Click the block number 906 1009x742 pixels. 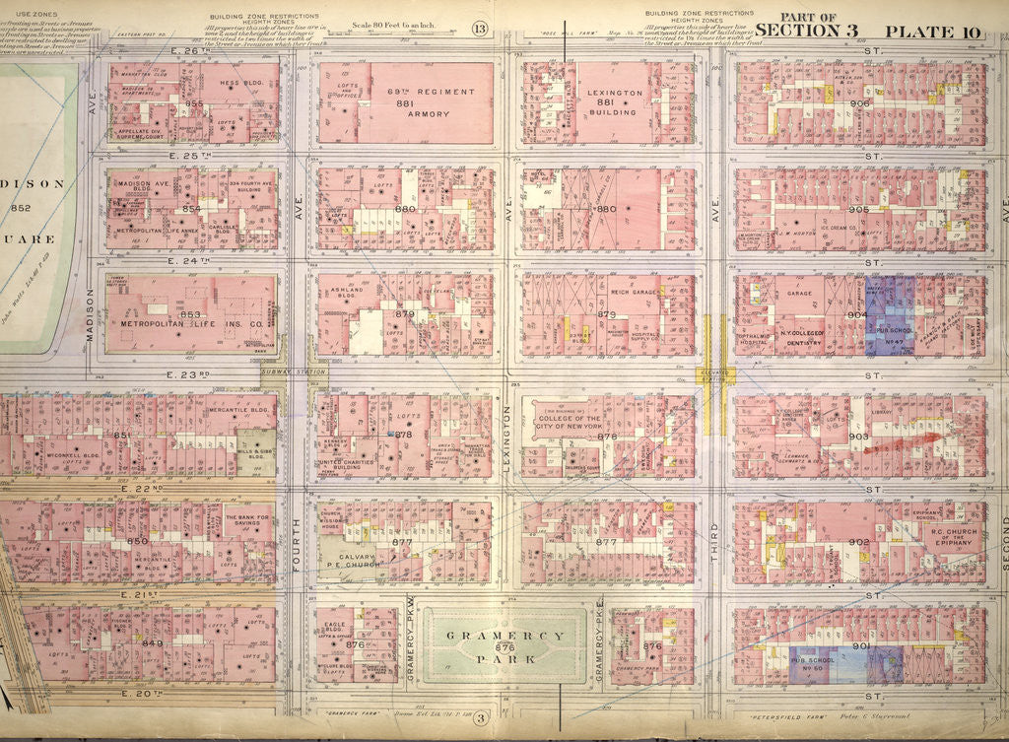coord(859,103)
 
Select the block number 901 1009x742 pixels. coord(859,646)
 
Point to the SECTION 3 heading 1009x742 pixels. coord(814,31)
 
